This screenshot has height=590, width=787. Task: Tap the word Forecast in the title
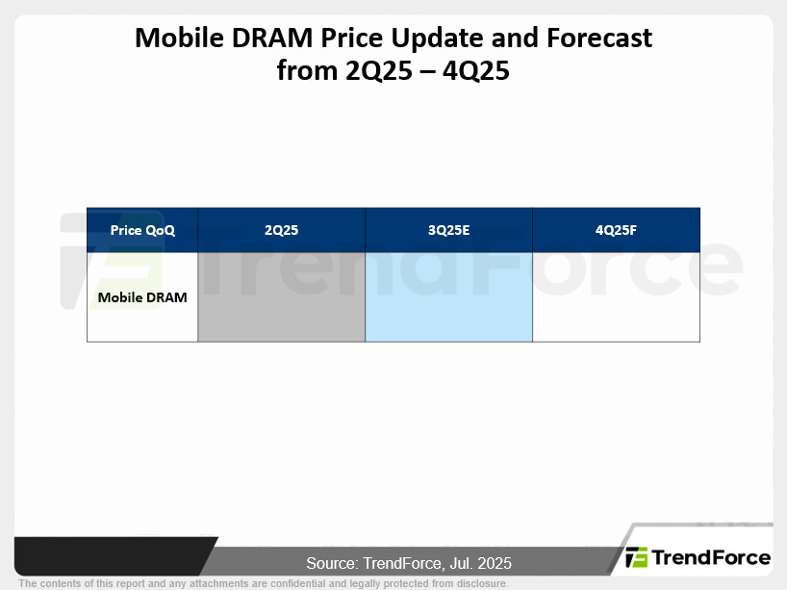(x=598, y=38)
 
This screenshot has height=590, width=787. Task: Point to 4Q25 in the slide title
(x=476, y=71)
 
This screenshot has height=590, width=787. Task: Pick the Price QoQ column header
(x=142, y=230)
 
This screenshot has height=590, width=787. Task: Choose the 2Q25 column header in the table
(x=281, y=230)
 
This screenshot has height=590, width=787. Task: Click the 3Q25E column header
(x=448, y=230)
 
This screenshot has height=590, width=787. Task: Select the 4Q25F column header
(x=616, y=230)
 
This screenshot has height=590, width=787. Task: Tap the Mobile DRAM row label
(x=142, y=297)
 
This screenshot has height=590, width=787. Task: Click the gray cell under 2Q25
(x=282, y=296)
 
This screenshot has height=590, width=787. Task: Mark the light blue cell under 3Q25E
(x=448, y=296)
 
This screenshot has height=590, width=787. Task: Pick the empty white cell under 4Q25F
(x=616, y=296)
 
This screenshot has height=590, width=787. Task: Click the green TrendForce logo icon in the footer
(x=636, y=557)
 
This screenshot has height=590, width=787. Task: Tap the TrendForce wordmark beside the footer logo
(x=711, y=558)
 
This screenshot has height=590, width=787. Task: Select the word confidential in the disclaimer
(x=297, y=583)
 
